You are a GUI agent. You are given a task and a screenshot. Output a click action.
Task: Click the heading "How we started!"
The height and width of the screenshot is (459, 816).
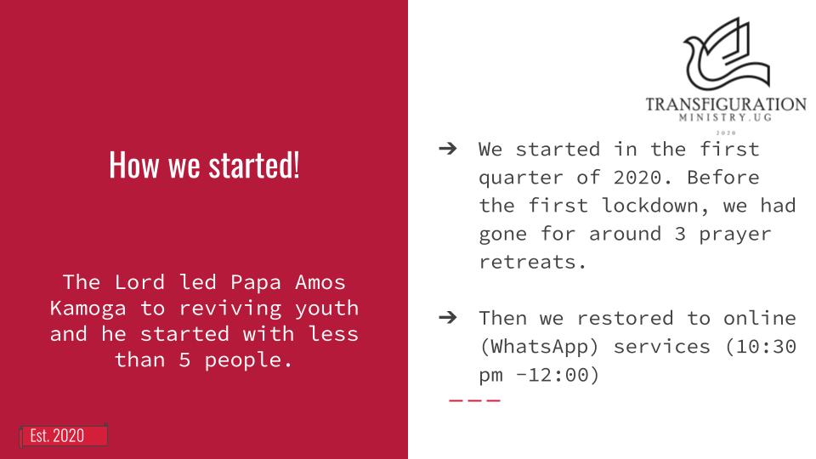204,165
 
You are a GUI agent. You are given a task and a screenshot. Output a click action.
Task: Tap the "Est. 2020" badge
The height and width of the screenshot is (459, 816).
64,435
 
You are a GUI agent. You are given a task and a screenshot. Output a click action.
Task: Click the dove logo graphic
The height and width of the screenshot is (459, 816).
728,54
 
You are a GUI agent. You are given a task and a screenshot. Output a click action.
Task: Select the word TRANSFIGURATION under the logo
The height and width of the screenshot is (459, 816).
726,104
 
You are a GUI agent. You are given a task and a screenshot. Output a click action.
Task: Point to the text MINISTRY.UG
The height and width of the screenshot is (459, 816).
725,117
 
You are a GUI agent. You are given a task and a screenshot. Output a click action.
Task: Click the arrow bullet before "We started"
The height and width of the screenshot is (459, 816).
448,149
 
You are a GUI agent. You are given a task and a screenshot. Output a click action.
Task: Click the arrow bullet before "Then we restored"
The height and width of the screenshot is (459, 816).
448,317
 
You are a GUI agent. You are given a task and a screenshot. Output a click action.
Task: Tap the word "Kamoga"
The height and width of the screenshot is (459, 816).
88,308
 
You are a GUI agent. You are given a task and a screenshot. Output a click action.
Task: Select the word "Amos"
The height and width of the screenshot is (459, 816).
320,282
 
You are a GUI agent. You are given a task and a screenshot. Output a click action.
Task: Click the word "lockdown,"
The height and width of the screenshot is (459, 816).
655,205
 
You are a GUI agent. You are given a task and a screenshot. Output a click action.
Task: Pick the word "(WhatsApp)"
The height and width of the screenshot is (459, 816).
539,346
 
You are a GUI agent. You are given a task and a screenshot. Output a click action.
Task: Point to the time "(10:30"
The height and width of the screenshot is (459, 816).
760,346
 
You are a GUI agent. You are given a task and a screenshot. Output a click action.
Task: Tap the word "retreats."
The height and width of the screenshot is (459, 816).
533,261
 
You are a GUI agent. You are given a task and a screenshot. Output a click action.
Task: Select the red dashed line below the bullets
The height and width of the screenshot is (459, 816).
474,400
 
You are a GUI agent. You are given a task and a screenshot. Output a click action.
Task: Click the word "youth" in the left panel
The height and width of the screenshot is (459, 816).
326,309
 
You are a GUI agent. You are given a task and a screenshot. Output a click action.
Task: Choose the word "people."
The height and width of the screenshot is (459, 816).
248,360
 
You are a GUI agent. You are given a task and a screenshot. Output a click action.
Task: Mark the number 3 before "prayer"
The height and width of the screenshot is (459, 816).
680,234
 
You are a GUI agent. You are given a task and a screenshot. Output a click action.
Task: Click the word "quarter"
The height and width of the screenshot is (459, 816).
521,178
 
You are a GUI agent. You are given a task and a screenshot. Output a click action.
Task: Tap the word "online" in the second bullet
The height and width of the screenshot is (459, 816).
760,317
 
